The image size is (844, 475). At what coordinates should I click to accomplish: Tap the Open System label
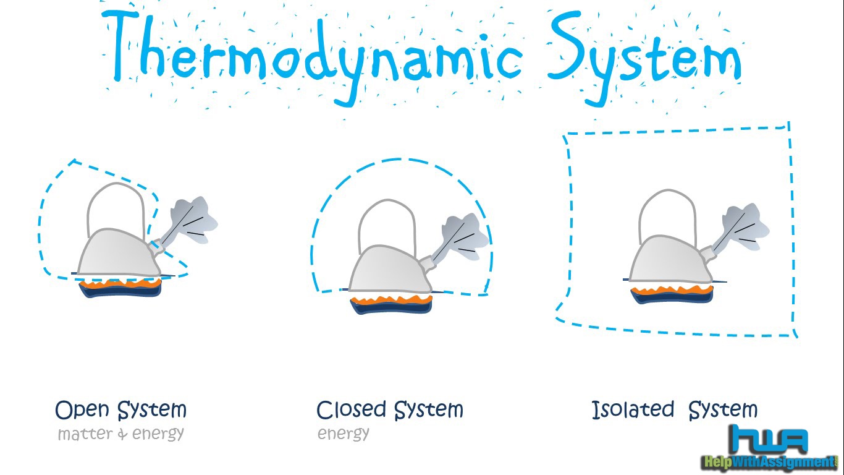(121, 410)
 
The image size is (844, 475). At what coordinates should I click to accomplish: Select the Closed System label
(389, 410)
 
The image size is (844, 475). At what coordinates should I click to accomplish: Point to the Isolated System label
(674, 410)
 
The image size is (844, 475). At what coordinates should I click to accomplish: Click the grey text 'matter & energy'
(121, 434)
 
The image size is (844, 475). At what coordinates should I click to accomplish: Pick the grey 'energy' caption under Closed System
(344, 434)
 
